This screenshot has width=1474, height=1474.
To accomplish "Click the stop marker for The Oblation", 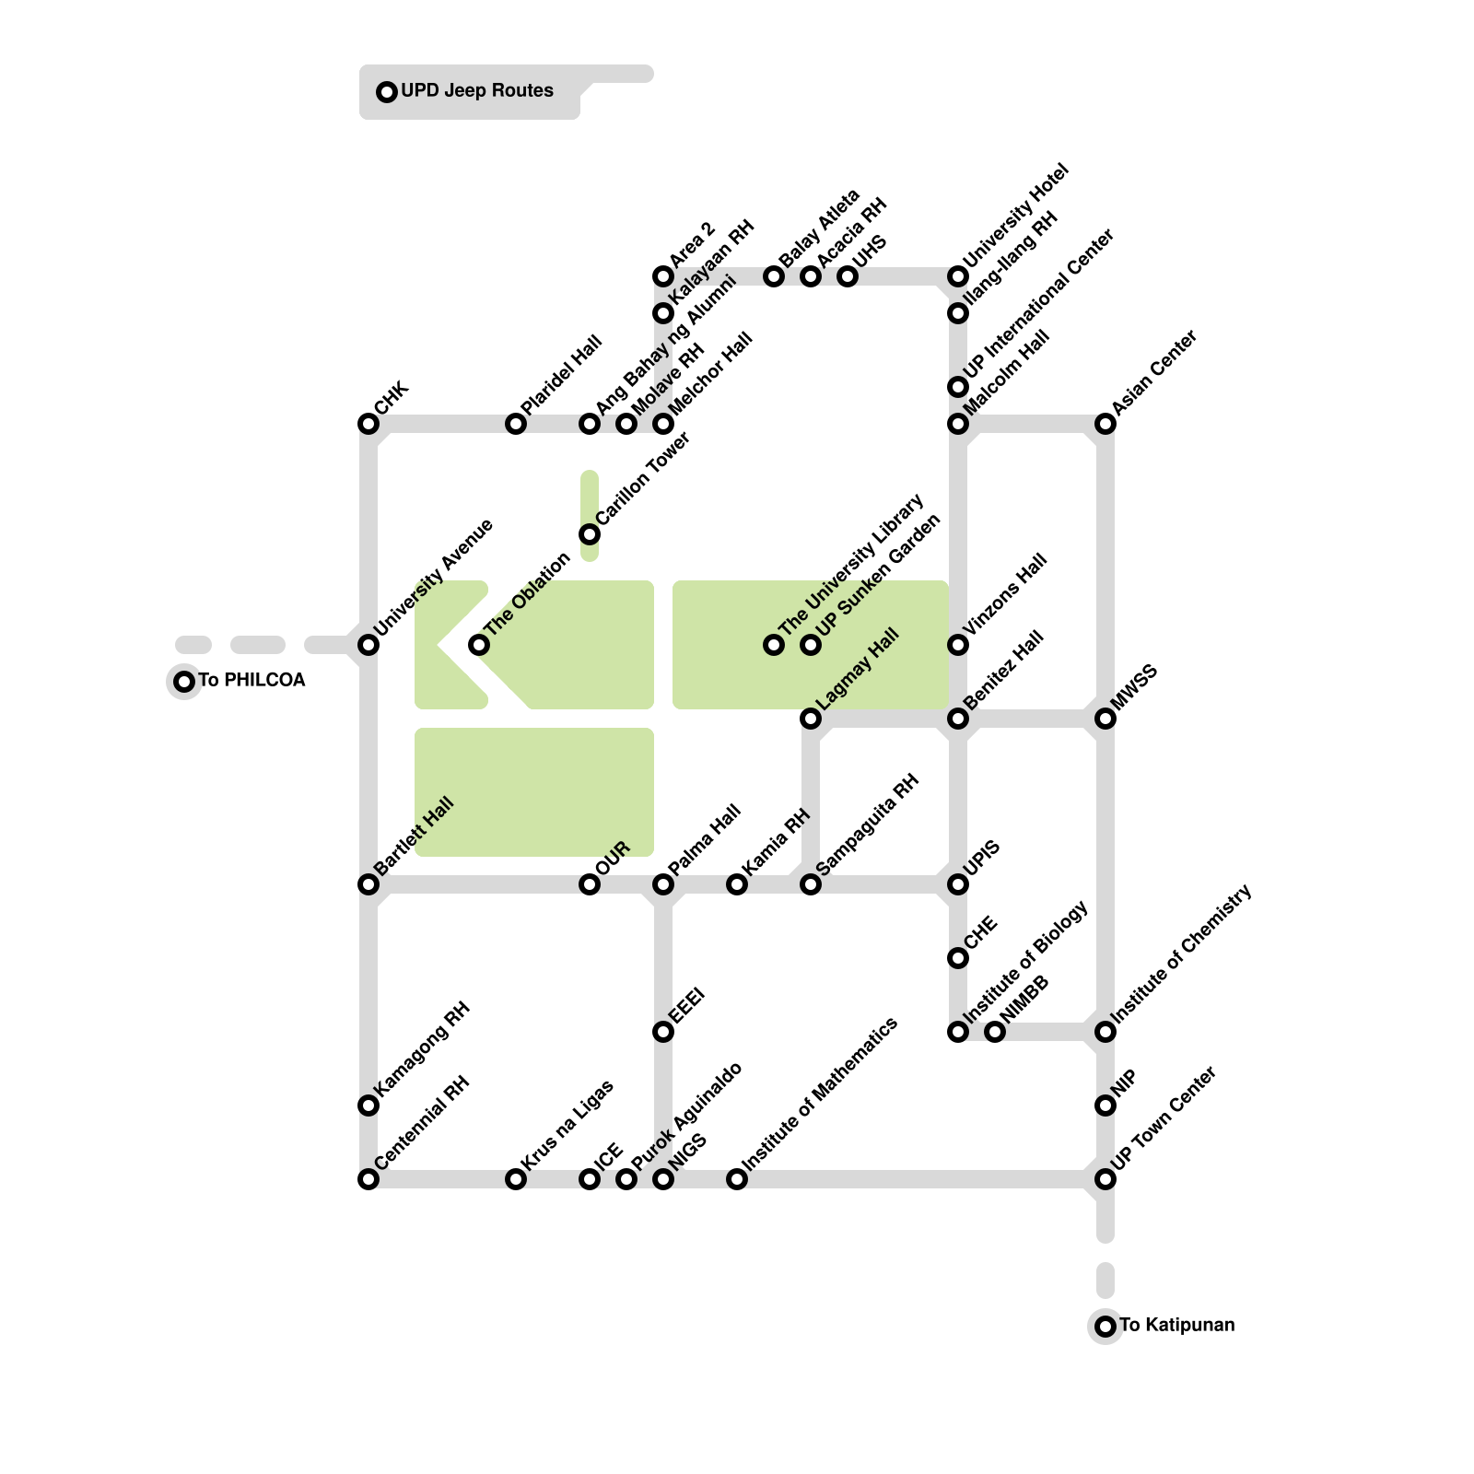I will pyautogui.click(x=479, y=645).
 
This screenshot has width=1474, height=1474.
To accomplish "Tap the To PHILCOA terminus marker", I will pyautogui.click(x=184, y=682).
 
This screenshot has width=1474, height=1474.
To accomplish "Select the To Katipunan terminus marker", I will pyautogui.click(x=1105, y=1327).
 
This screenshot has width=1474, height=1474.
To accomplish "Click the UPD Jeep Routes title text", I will pyautogui.click(x=476, y=91).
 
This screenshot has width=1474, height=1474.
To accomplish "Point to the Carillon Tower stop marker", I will pyautogui.click(x=590, y=534).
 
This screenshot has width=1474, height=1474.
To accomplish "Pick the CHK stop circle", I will pyautogui.click(x=368, y=424).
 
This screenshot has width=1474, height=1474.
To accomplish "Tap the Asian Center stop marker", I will pyautogui.click(x=1105, y=424).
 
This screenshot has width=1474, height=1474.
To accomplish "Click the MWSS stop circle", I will pyautogui.click(x=1105, y=719).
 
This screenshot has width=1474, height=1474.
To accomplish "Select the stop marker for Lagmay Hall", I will pyautogui.click(x=811, y=719).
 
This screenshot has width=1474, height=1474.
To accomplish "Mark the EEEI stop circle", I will pyautogui.click(x=663, y=1032).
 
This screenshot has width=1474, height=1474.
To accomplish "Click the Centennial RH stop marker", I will pyautogui.click(x=368, y=1179).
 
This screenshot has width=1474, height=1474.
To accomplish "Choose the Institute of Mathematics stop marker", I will pyautogui.click(x=737, y=1179).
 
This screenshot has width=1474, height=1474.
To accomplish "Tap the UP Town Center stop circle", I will pyautogui.click(x=1105, y=1179).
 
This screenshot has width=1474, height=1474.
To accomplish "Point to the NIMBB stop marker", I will pyautogui.click(x=995, y=1032).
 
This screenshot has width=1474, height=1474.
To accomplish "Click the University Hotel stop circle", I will pyautogui.click(x=958, y=276).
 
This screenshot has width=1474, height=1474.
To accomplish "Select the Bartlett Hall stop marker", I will pyautogui.click(x=368, y=884).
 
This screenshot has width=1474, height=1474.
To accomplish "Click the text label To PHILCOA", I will pyautogui.click(x=252, y=681).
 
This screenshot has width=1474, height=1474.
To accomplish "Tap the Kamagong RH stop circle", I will pyautogui.click(x=368, y=1105).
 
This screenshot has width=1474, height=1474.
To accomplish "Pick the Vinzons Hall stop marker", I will pyautogui.click(x=958, y=645).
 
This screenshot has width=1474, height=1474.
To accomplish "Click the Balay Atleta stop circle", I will pyautogui.click(x=774, y=276).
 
